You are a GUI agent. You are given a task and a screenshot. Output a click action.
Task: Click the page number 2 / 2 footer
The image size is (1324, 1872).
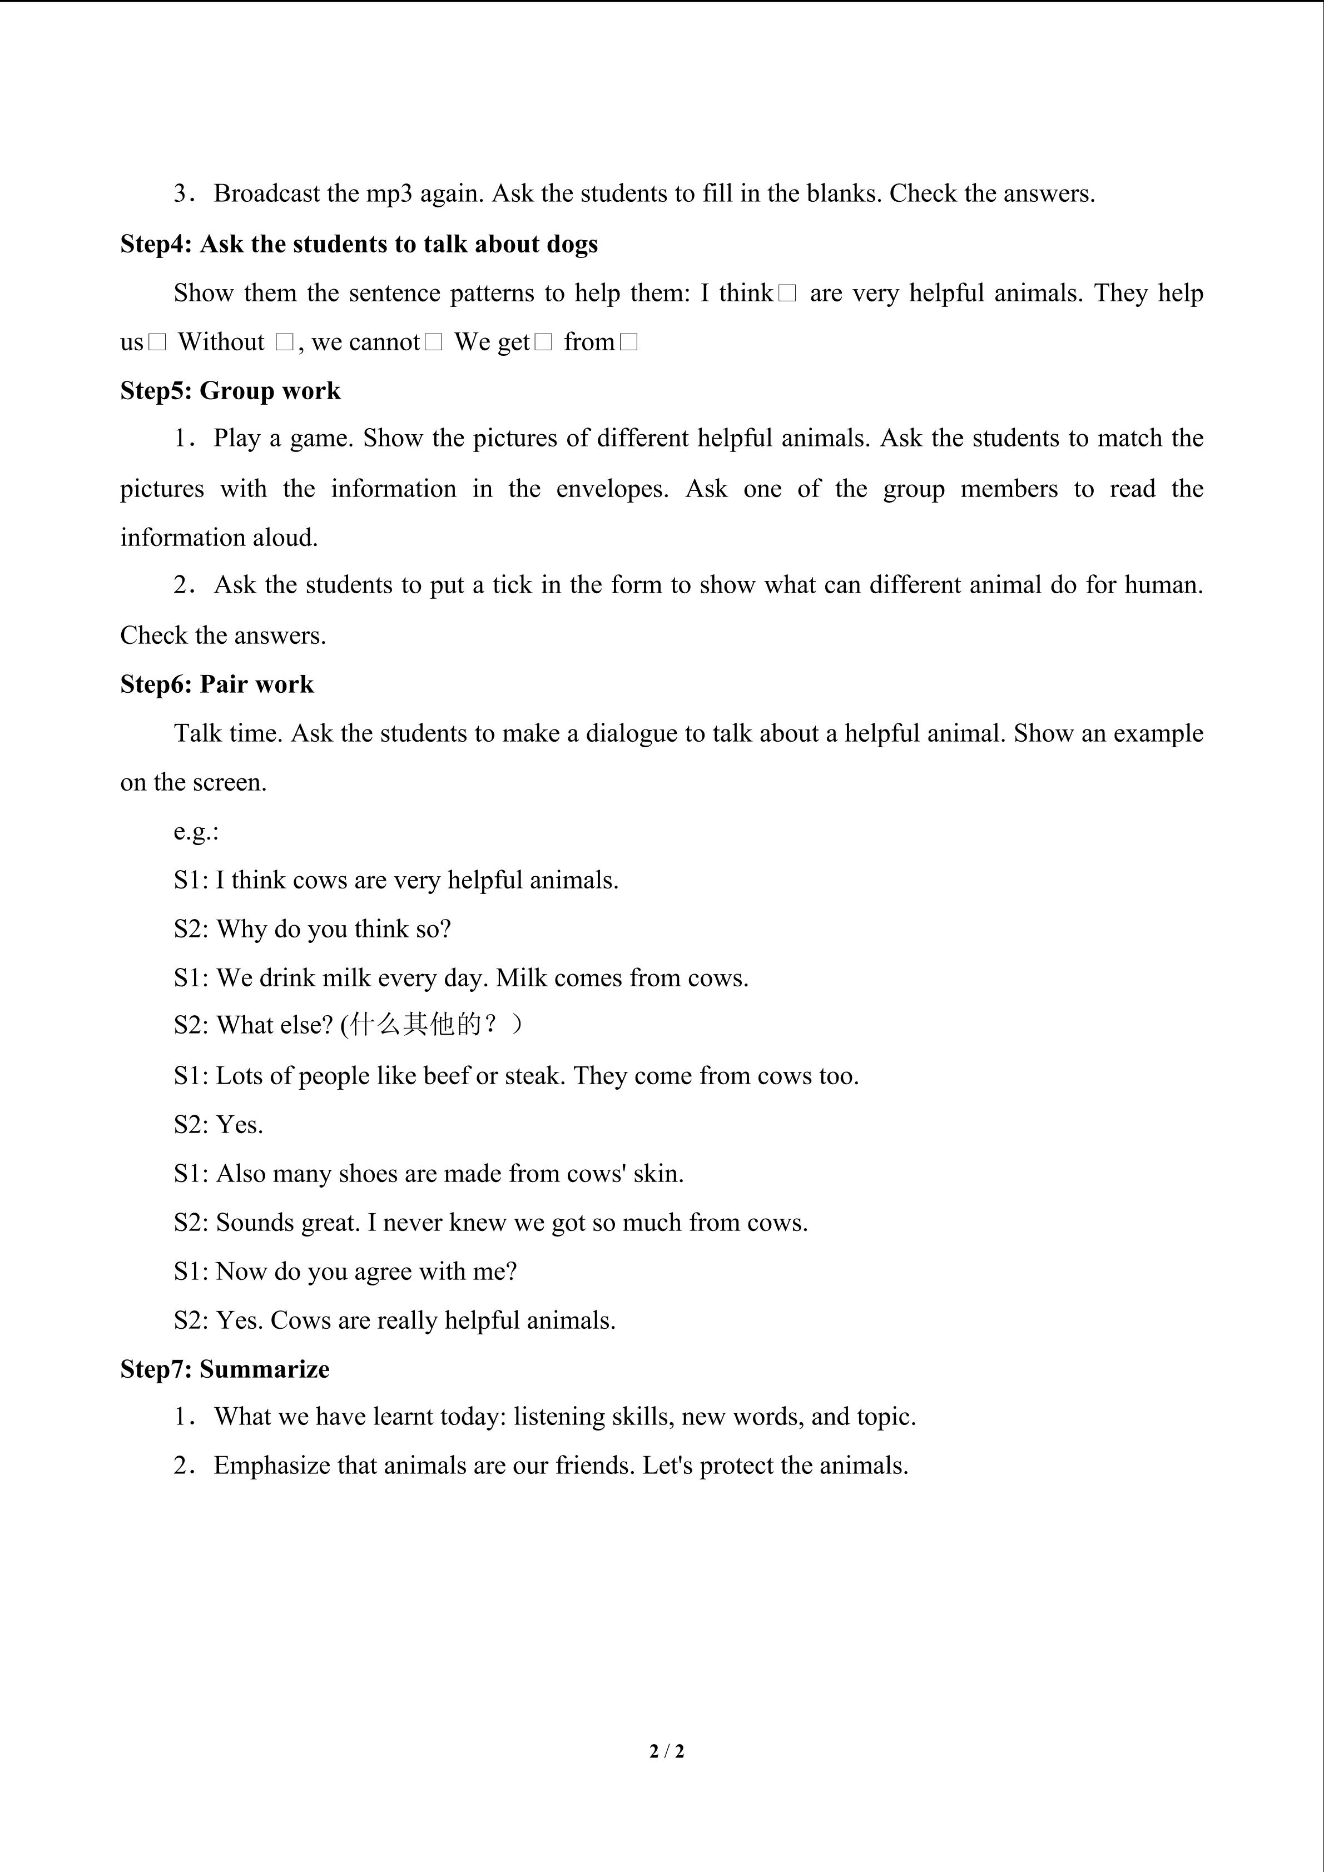666,1750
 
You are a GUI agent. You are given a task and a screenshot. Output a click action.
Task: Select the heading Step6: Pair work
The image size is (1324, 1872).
217,684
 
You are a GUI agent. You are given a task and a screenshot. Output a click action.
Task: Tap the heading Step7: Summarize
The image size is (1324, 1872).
225,1369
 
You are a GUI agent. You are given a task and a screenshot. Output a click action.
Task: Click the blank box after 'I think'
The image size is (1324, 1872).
787,294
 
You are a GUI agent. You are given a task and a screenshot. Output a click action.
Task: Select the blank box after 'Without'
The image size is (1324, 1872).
284,342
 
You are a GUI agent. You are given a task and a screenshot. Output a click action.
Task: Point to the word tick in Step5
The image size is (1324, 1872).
512,585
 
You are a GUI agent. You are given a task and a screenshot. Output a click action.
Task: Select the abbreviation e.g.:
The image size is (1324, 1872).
196,832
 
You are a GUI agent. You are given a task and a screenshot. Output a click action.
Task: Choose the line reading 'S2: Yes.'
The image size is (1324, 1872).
219,1125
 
